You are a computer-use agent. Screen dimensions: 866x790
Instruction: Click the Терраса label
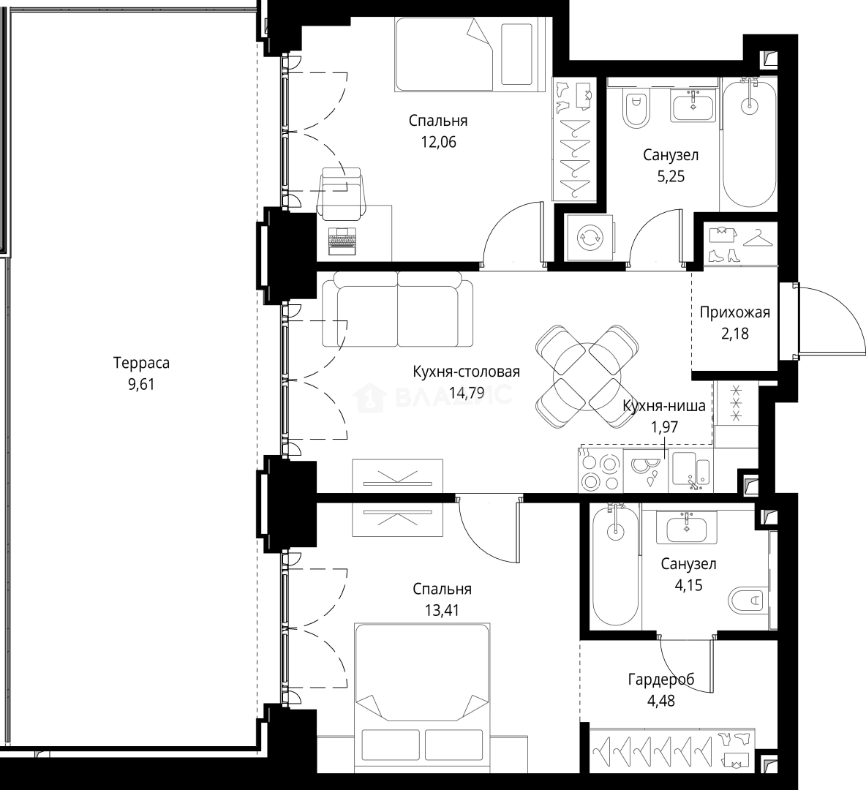(141, 363)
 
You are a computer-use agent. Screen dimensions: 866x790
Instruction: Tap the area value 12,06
(439, 142)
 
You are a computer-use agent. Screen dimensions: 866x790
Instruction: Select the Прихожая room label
(734, 312)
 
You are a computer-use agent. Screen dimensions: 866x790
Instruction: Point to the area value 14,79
(467, 393)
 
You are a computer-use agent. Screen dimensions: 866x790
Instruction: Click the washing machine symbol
(590, 238)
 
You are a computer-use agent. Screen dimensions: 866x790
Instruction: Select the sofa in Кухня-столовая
(397, 313)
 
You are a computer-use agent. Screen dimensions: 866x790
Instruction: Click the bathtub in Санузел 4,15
(615, 566)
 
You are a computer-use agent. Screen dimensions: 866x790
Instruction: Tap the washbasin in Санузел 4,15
(687, 527)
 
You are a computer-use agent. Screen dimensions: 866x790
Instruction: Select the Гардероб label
(661, 680)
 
